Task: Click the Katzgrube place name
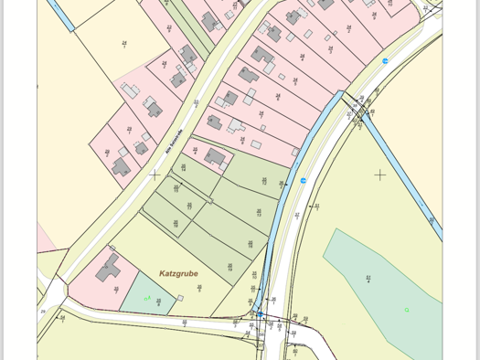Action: [x=178, y=273]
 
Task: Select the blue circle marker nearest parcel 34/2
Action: [x=385, y=61]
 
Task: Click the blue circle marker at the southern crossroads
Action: [x=259, y=315]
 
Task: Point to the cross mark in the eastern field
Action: [x=380, y=175]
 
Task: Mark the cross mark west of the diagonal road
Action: [x=155, y=175]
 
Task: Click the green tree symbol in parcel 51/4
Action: [x=407, y=311]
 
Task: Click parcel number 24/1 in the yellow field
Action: [x=124, y=43]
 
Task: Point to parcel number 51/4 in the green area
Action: [x=368, y=279]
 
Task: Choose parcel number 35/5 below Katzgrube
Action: [x=199, y=288]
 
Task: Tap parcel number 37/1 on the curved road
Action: [x=297, y=217]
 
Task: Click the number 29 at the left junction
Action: [x=42, y=312]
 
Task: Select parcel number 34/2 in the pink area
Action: [x=348, y=29]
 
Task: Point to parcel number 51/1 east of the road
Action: [x=316, y=207]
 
